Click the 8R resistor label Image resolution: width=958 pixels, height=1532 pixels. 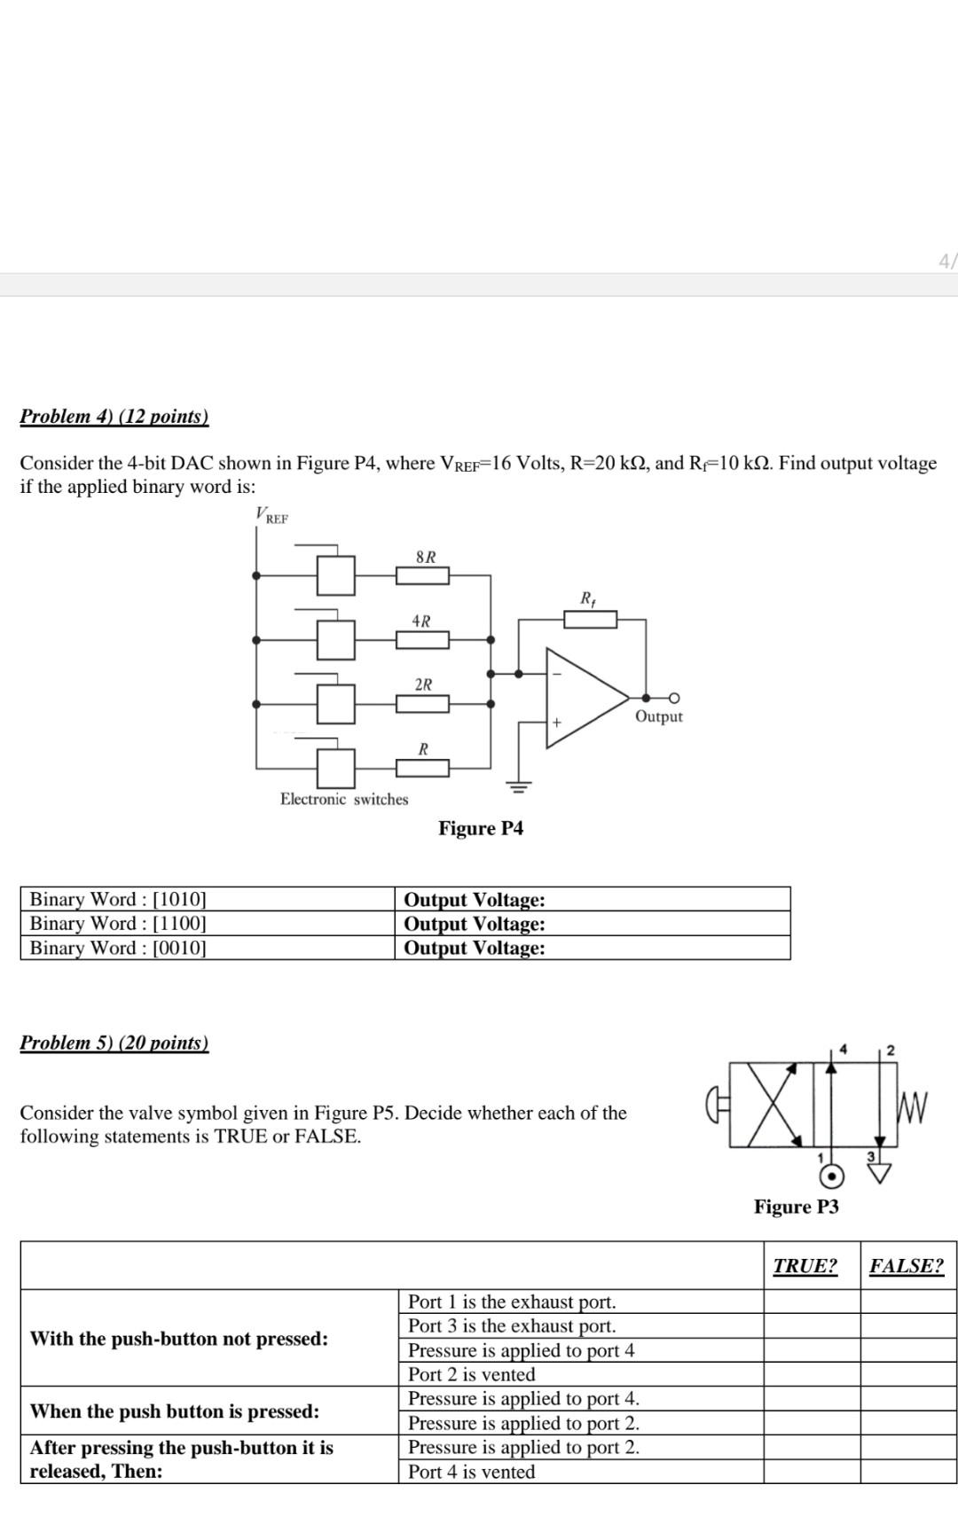coord(426,557)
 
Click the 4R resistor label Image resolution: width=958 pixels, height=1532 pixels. coord(421,621)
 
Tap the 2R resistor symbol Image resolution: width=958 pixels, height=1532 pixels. coord(422,704)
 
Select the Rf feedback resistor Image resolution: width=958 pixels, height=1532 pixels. coord(591,619)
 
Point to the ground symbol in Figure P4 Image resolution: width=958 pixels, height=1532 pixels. coord(519,786)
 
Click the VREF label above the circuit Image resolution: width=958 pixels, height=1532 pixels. coord(271,515)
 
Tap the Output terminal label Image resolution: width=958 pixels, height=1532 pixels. coord(658,716)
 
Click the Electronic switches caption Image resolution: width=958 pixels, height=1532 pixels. coord(344,799)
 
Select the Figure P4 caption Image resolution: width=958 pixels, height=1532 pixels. coord(481,828)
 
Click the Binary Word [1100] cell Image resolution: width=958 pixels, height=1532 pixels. coord(118,923)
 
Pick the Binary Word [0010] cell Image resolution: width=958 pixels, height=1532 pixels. coord(118,948)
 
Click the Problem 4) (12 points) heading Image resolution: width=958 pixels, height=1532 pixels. coord(114,416)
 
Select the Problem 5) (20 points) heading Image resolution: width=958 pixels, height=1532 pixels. coord(114,1042)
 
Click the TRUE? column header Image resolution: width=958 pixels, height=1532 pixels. coord(805,1265)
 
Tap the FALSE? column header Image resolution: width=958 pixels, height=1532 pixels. coord(907,1265)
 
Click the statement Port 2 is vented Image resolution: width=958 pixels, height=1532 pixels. coord(471,1374)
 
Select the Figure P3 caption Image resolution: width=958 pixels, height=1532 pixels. coord(796,1207)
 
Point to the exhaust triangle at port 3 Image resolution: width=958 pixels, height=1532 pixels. coord(880,1174)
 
